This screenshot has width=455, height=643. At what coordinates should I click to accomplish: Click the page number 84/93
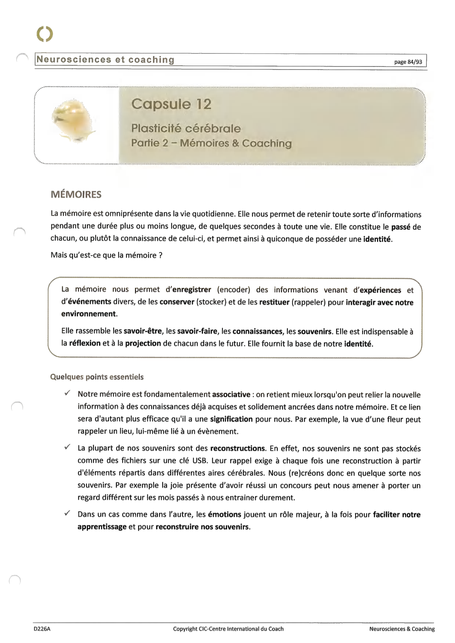[408, 62]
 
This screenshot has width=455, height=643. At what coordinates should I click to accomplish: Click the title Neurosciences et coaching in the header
[106, 60]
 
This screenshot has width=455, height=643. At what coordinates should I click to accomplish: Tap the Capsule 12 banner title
[171, 104]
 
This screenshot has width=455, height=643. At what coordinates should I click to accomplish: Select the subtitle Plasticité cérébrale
[186, 128]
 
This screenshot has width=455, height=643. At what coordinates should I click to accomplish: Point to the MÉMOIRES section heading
[76, 194]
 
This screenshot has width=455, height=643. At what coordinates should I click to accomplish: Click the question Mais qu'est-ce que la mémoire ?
[106, 255]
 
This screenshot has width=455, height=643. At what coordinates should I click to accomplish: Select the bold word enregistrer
[192, 290]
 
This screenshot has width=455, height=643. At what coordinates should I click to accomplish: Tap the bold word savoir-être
[143, 331]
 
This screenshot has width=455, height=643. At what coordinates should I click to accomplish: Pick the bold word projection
[143, 343]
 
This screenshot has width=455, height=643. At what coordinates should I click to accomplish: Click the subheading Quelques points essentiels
[97, 377]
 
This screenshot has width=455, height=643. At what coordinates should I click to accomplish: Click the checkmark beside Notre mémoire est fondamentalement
[67, 393]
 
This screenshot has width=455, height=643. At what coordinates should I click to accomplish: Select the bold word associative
[231, 395]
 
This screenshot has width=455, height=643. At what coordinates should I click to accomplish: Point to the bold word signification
[231, 419]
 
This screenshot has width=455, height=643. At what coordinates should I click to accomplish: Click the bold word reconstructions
[237, 449]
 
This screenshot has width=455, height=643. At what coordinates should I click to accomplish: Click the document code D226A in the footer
[42, 629]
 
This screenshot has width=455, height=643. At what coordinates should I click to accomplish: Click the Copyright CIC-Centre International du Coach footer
[228, 629]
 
